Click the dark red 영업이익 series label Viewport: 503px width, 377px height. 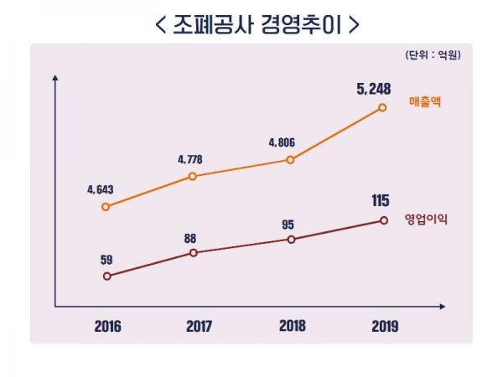[426, 219]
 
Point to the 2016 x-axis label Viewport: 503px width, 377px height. [107, 326]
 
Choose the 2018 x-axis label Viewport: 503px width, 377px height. [291, 326]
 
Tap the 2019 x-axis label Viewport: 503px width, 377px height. [384, 326]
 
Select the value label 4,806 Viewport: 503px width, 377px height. [283, 142]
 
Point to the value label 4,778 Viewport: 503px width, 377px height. [190, 158]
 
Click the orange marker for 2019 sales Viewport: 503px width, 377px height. [383, 107]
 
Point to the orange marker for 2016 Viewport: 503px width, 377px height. [106, 206]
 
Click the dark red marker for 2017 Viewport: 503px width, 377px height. [193, 252]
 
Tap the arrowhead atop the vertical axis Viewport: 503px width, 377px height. [55, 79]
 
